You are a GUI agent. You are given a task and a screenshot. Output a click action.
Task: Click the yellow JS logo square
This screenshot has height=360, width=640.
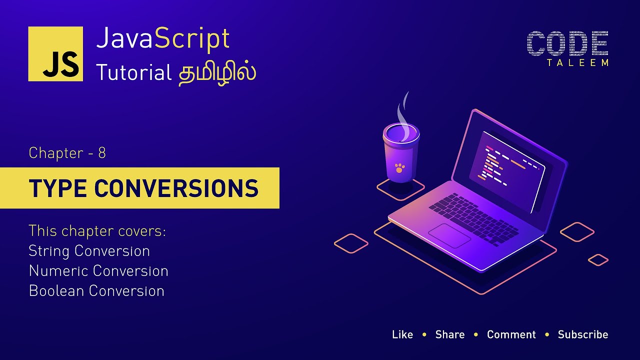55,54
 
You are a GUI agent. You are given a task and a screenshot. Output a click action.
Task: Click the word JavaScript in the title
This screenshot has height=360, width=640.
163,38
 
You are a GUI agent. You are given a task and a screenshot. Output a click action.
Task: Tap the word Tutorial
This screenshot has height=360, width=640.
134,73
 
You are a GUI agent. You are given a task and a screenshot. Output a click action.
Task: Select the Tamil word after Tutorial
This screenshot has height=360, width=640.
217,72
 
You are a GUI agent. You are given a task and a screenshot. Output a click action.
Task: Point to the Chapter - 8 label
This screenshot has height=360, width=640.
67,152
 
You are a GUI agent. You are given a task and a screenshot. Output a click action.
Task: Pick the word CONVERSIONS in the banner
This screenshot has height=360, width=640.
176,188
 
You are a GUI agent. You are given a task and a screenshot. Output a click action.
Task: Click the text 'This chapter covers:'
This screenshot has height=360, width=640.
97,231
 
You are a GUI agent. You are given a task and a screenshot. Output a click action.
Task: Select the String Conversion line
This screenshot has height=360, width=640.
89,250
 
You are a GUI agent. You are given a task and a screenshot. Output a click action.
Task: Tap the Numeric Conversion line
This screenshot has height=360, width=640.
98,270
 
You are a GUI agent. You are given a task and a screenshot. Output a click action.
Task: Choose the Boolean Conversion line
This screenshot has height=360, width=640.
96,290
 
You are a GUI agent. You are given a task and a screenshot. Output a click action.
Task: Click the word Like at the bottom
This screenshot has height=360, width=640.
402,334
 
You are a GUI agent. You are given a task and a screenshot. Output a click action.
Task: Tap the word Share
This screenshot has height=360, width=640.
450,334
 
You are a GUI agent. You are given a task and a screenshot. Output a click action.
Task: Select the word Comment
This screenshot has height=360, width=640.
511,334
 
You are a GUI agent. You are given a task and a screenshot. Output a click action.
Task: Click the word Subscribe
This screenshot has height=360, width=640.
583,334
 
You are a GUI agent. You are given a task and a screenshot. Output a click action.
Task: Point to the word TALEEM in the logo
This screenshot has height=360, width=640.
578,63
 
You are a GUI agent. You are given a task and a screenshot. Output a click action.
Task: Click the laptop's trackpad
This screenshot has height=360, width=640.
449,235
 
